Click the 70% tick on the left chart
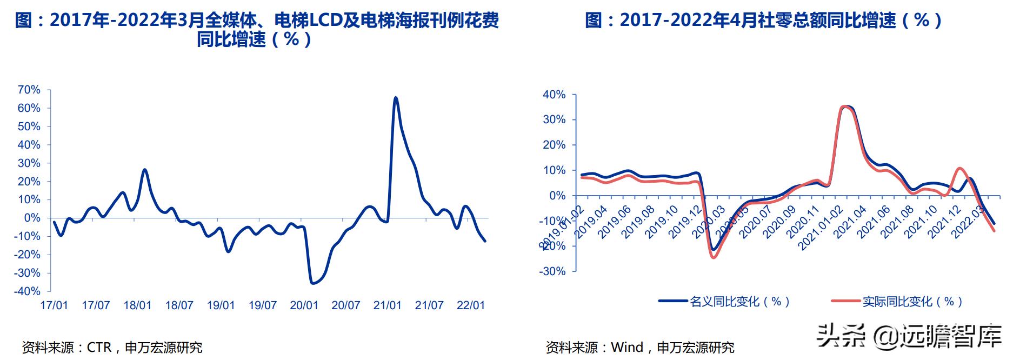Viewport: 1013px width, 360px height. (29, 90)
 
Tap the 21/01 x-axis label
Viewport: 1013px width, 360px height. (387, 305)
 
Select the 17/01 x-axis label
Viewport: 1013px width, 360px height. (54, 305)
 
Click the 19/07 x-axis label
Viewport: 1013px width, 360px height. (262, 305)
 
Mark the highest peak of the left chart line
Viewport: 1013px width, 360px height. (396, 98)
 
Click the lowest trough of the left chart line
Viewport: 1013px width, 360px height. (312, 283)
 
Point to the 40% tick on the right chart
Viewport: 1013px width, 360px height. (554, 95)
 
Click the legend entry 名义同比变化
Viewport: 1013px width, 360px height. (724, 302)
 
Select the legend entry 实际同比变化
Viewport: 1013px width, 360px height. (897, 302)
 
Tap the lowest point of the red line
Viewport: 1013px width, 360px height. (714, 257)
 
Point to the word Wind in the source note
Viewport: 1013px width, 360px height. (627, 347)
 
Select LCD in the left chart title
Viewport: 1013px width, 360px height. (324, 21)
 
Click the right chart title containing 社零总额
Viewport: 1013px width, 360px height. (764, 21)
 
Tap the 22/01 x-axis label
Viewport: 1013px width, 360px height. (470, 305)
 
